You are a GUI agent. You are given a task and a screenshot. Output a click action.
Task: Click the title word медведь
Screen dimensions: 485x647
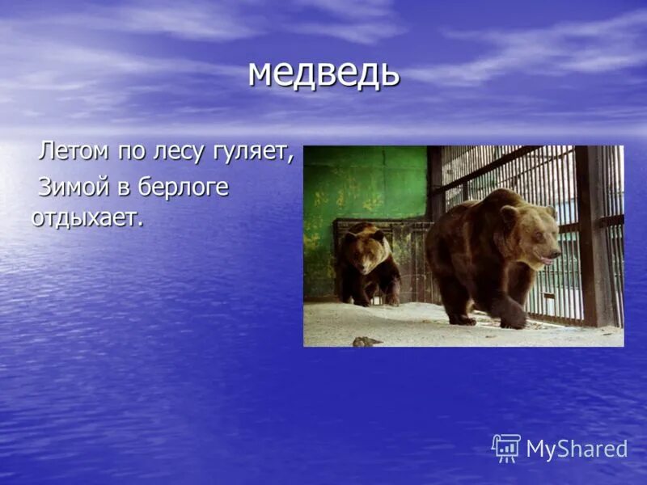323,73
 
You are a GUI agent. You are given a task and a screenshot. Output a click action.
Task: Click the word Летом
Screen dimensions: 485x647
74,150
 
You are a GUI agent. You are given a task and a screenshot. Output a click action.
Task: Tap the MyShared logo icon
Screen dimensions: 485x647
506,448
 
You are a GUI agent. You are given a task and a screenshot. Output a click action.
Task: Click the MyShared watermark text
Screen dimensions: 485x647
577,449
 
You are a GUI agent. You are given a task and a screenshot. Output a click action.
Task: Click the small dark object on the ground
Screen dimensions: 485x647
366,341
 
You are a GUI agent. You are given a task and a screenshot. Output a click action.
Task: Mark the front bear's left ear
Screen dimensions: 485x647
509,213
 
